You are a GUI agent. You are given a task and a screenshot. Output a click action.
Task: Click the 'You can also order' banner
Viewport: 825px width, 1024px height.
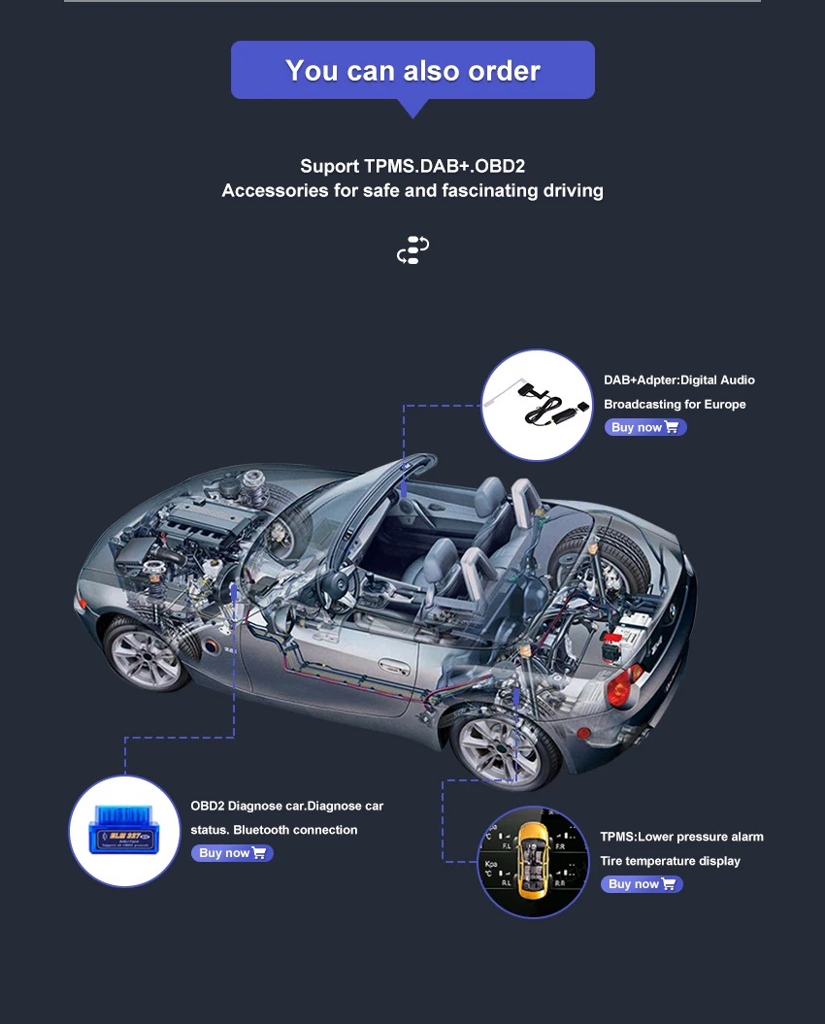pos(412,70)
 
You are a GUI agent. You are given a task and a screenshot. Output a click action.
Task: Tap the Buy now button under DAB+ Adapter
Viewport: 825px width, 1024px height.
pos(645,427)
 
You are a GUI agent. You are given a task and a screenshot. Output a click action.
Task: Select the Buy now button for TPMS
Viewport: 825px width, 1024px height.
pos(642,884)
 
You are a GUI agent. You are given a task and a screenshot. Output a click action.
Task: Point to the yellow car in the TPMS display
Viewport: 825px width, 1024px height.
pos(532,860)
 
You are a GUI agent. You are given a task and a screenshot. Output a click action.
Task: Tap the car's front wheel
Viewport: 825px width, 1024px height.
pos(148,651)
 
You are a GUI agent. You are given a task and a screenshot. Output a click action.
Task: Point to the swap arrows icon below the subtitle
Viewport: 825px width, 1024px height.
pos(412,250)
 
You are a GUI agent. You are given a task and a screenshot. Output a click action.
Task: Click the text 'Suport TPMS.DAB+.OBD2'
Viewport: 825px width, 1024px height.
pos(412,166)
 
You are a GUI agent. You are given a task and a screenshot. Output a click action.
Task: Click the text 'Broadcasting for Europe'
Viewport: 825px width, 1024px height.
pos(675,404)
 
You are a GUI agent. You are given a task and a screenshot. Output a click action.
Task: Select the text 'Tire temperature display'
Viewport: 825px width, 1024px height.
pos(670,861)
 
